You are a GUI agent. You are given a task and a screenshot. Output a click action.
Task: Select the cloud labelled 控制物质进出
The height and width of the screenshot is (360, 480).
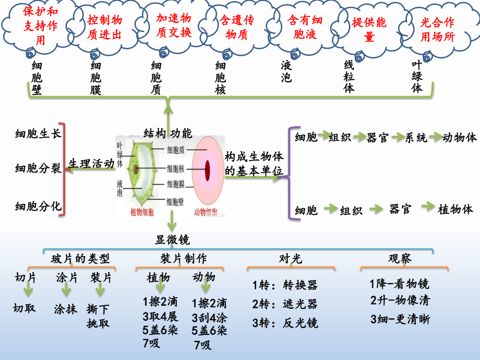[104, 27]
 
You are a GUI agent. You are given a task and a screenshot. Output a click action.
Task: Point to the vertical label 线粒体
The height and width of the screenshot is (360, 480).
[349, 76]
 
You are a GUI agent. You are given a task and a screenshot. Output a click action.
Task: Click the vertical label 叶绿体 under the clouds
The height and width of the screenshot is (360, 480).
[416, 76]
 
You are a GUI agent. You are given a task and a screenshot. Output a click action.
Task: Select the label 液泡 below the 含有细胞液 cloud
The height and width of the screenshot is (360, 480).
[286, 71]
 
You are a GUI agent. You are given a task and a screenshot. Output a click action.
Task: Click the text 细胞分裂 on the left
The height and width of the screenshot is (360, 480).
[38, 169]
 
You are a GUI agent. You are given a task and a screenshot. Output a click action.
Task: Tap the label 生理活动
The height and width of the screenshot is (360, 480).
[92, 163]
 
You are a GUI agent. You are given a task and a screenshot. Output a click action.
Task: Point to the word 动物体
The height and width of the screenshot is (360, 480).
[459, 138]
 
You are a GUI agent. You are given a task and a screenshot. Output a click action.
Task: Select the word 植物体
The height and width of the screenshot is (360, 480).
[455, 209]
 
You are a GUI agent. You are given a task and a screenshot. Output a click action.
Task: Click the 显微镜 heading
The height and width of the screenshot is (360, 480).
[172, 240]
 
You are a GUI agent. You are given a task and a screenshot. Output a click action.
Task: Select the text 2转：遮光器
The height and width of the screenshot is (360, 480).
[285, 304]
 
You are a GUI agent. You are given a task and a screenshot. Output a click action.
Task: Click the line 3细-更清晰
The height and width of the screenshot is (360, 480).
[400, 319]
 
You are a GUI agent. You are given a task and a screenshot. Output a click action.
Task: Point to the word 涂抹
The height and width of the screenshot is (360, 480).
[65, 309]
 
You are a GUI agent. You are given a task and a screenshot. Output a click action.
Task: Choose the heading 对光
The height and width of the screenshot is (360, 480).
[291, 259]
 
